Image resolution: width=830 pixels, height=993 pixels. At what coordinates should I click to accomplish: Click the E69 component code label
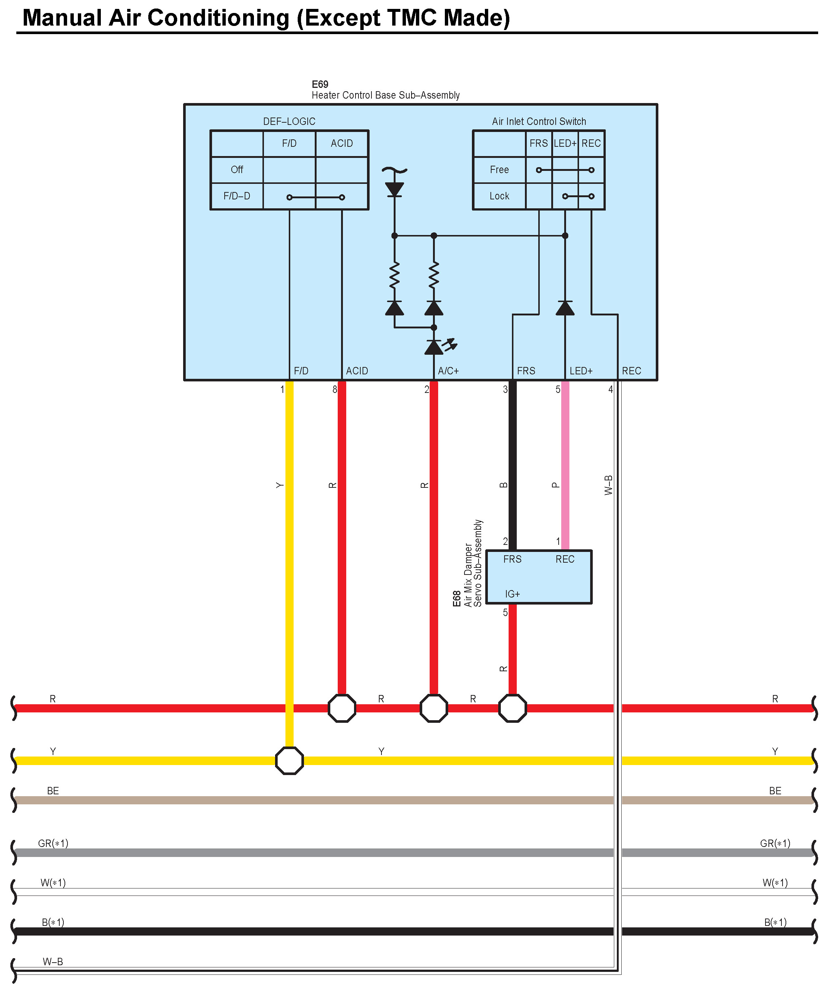tap(320, 84)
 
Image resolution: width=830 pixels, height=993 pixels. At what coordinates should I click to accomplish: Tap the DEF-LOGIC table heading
tap(289, 122)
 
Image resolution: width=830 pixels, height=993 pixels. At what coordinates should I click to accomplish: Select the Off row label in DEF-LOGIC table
tap(237, 170)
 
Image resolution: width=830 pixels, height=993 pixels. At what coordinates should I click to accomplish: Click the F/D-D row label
tap(237, 196)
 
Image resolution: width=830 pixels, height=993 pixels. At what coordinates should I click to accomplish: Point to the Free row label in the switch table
tap(499, 170)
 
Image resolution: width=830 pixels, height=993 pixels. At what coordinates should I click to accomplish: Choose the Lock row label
tap(499, 196)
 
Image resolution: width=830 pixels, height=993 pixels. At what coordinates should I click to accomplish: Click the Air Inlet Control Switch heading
tap(539, 122)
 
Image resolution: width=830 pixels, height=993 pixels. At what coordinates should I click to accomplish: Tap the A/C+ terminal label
tap(448, 371)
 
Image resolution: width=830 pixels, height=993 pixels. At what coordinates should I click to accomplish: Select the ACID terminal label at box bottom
tap(357, 371)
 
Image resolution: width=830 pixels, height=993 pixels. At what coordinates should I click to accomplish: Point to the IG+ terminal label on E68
tap(512, 594)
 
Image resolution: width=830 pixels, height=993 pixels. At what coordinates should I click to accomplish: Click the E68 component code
tap(456, 599)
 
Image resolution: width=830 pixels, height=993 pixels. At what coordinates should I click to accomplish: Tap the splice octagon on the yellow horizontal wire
tap(290, 761)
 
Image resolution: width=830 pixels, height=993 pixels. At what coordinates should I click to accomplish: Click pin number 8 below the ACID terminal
tap(335, 390)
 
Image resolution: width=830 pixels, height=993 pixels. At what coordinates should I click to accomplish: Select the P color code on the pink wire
tap(556, 485)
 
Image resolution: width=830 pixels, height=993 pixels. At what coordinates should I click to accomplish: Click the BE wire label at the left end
tap(53, 791)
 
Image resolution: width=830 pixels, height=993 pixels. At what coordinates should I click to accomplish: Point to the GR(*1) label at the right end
tap(775, 843)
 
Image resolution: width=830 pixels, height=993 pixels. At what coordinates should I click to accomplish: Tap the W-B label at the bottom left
tap(53, 961)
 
